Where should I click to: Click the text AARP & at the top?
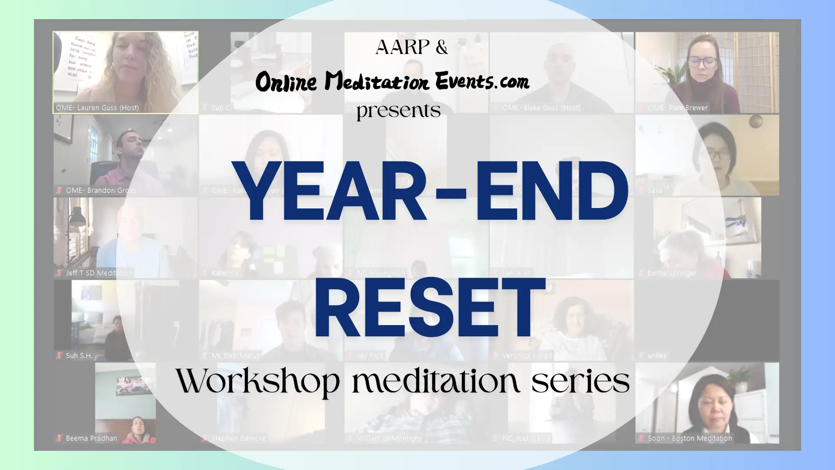coord(411,47)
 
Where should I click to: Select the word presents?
coord(398,111)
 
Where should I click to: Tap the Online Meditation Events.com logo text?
coord(392,81)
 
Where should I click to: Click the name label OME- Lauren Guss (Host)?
coord(97,107)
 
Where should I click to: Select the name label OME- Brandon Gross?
coord(101,190)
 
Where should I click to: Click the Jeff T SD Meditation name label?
coord(99,273)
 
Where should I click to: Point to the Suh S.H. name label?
coord(79,356)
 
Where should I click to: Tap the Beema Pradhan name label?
coord(91,438)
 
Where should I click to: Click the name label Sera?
coord(655,190)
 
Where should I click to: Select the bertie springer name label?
coord(672,273)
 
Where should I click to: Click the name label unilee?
coord(657,356)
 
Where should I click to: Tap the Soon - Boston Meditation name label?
coord(690,438)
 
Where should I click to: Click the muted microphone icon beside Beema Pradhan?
coord(59,438)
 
